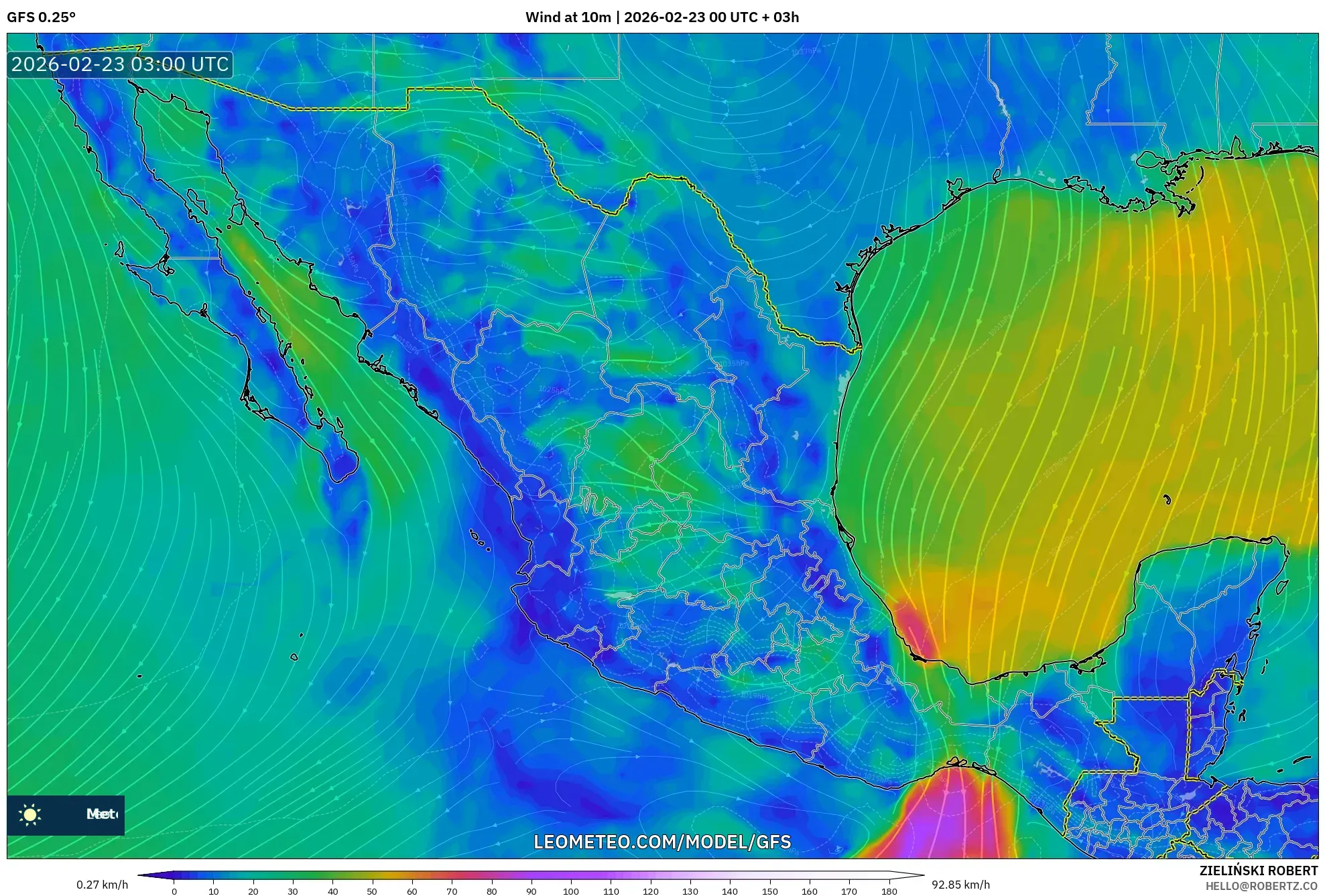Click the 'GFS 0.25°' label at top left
(41, 17)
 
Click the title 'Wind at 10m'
(568, 17)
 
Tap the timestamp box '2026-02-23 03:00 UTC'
(120, 64)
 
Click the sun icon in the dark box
(30, 814)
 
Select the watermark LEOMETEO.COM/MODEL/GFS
(662, 842)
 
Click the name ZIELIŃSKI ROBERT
(1258, 871)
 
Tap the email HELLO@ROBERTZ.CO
(1261, 886)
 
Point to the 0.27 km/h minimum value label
(102, 885)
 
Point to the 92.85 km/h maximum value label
(960, 885)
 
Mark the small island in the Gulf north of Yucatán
(1167, 499)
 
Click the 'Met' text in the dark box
(101, 814)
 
